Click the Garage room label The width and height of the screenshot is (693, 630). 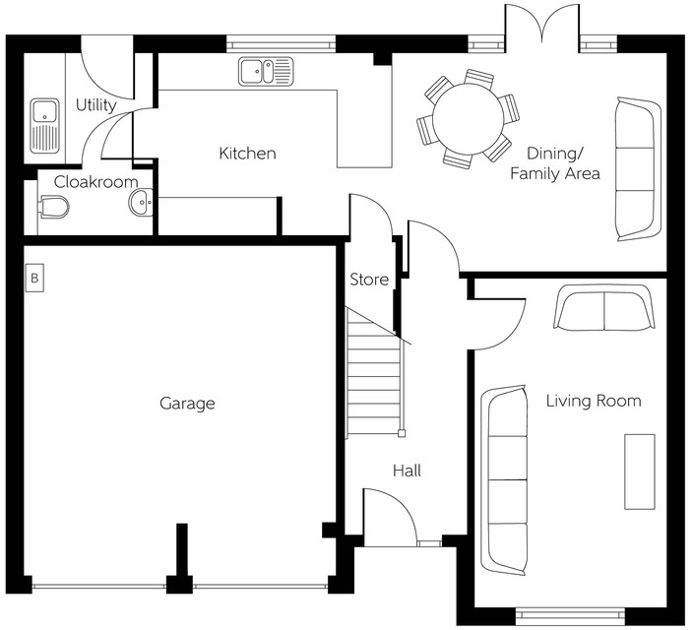187,404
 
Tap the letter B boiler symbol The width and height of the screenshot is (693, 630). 34,279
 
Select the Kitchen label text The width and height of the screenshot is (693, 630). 247,154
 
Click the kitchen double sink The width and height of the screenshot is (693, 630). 265,71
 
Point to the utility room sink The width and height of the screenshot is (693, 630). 45,124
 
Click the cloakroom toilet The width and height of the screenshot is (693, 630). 54,207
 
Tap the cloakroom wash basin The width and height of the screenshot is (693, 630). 141,204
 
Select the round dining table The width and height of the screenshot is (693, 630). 468,116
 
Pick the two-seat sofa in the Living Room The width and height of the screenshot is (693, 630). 602,309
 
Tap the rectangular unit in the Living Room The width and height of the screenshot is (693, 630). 639,472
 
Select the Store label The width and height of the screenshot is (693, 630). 369,281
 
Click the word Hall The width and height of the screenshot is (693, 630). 407,472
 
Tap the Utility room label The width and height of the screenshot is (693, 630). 95,105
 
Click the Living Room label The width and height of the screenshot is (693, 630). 594,401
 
